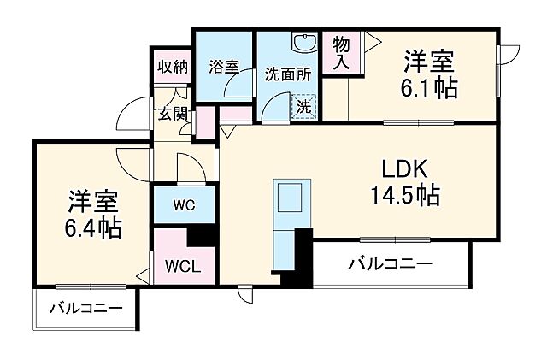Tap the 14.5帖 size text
pyautogui.click(x=405, y=197)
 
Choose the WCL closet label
pyautogui.click(x=183, y=264)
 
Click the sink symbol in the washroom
pyautogui.click(x=302, y=44)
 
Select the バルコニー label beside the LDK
pyautogui.click(x=390, y=263)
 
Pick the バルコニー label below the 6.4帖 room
pyautogui.click(x=85, y=308)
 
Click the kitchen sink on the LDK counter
pyautogui.click(x=286, y=198)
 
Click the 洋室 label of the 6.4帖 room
pyautogui.click(x=94, y=202)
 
